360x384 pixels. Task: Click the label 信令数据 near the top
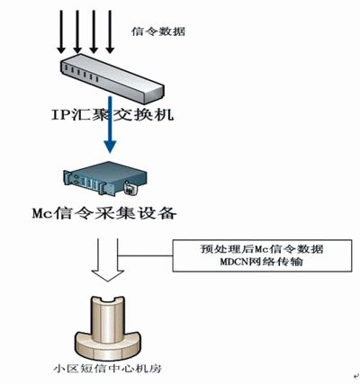click(x=158, y=31)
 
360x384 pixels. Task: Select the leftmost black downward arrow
click(x=61, y=31)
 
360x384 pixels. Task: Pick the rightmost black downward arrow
click(x=110, y=31)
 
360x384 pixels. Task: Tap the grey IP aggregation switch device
click(x=112, y=78)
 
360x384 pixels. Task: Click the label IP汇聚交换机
click(x=112, y=115)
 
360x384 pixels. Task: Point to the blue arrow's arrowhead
click(x=111, y=147)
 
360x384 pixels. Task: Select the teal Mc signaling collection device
click(x=105, y=179)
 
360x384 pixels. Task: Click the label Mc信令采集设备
click(x=104, y=214)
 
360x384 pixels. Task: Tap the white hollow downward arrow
click(x=108, y=260)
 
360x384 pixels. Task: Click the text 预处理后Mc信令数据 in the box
click(x=262, y=249)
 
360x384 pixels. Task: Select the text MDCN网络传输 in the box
click(x=261, y=263)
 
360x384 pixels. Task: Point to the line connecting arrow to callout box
click(x=146, y=255)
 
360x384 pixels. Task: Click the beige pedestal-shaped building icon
click(x=107, y=328)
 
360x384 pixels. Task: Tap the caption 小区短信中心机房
click(x=108, y=369)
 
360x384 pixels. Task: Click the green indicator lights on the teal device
click(x=77, y=179)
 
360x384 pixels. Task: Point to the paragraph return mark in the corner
click(x=355, y=376)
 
